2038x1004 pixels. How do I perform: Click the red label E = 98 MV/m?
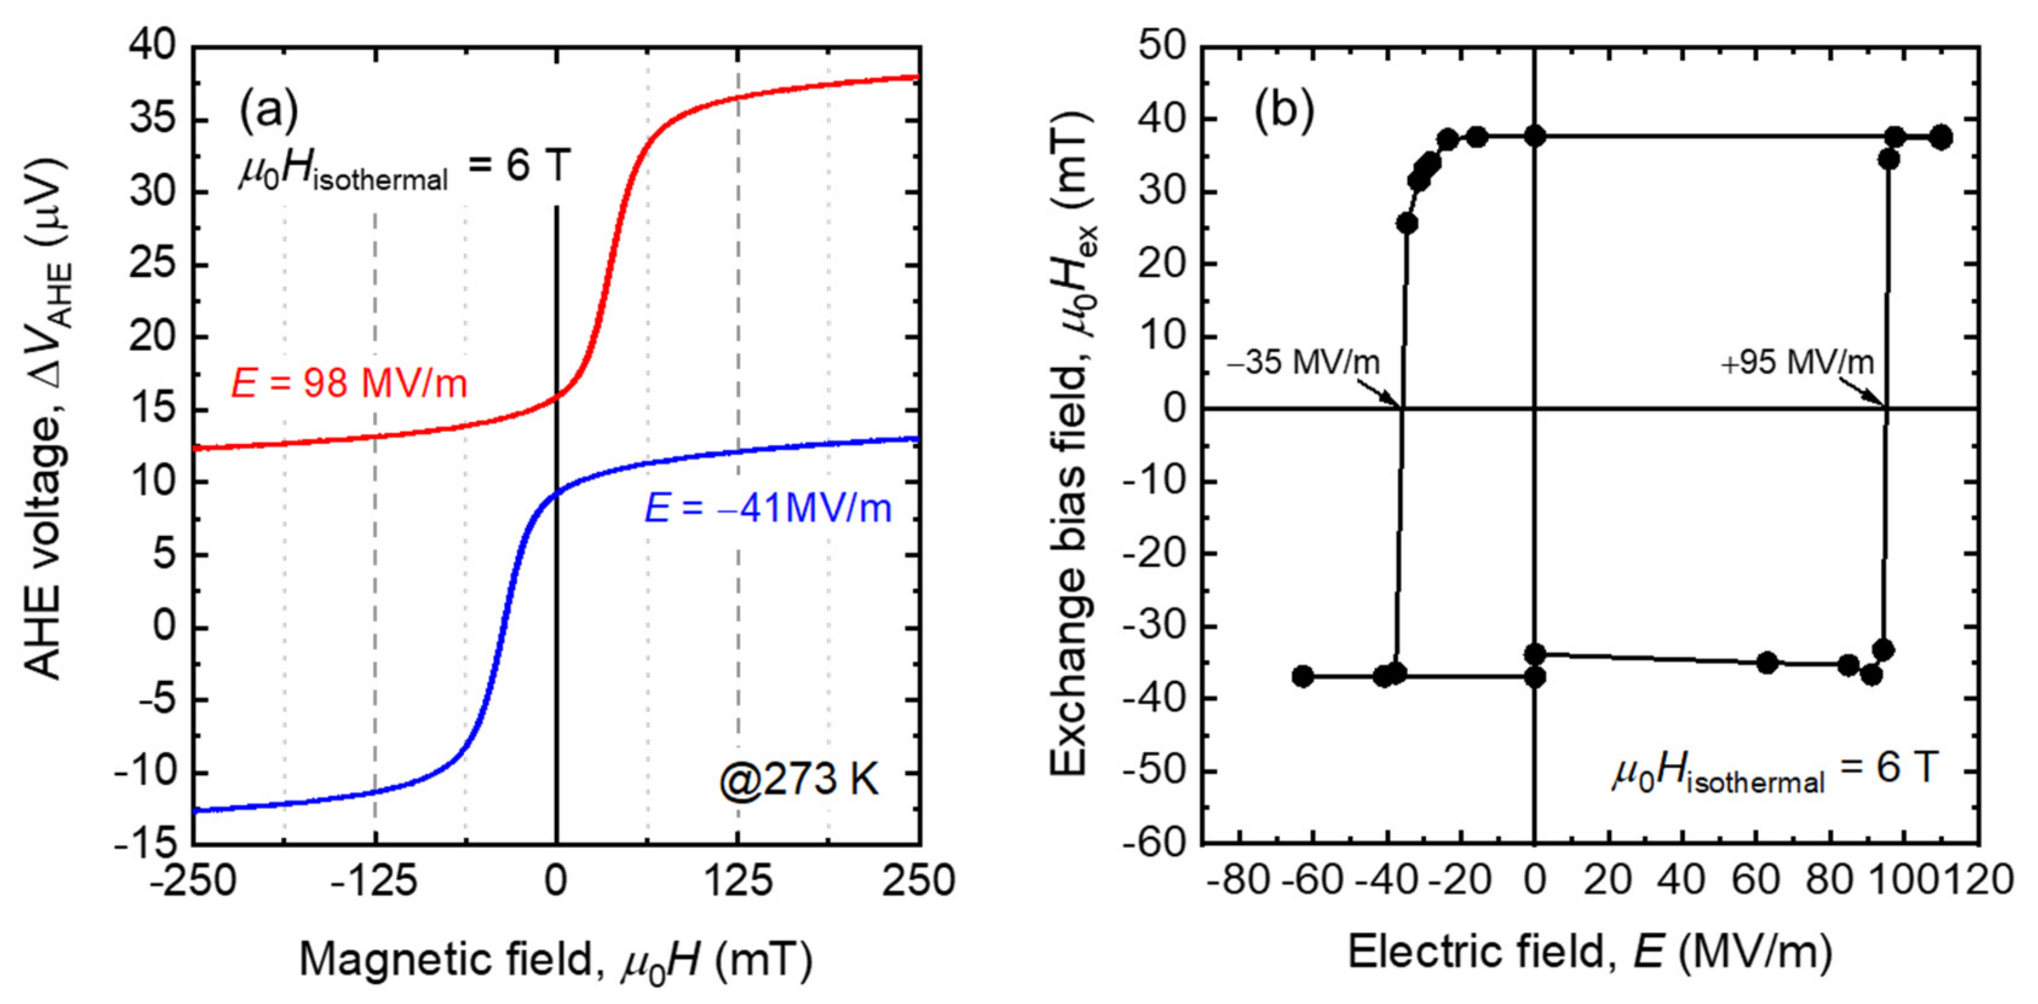coord(349,384)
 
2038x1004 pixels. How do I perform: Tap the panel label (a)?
coord(268,111)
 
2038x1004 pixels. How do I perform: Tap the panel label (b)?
coord(1284,111)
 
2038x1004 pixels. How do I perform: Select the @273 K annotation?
coord(799,780)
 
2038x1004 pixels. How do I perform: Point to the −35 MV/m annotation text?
coord(1303,363)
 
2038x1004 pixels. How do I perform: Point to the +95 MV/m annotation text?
coord(1797,363)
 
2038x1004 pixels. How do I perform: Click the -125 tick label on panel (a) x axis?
coord(374,881)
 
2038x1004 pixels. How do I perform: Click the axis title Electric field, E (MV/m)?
coord(1590,952)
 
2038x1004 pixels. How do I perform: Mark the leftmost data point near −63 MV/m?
coord(1302,677)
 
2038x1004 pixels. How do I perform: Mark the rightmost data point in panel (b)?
coord(1941,138)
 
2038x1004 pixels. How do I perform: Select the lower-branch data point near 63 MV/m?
coord(1767,663)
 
